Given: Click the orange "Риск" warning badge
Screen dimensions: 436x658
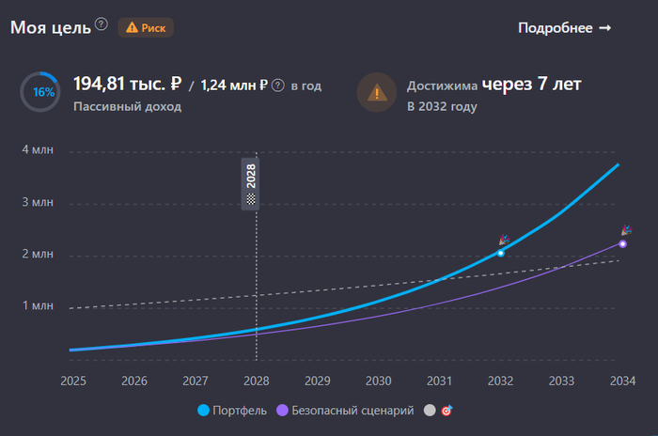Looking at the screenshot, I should [x=146, y=27].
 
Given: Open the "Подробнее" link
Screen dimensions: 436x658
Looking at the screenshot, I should [x=564, y=27].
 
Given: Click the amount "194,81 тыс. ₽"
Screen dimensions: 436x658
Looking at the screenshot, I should [x=127, y=85].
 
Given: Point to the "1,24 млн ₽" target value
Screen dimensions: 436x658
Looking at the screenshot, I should [x=235, y=86].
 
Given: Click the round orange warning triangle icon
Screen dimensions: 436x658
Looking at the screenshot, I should [x=376, y=93].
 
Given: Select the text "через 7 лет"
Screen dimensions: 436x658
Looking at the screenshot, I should [x=532, y=85].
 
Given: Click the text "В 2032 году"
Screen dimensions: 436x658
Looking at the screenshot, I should [x=442, y=107].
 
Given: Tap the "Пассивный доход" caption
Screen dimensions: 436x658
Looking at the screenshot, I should [x=127, y=107].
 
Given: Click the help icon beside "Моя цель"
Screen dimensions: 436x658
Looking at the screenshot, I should [x=102, y=24].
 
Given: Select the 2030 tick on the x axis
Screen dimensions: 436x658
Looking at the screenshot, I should [x=379, y=381].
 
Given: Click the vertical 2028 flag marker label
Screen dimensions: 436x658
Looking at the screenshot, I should [x=251, y=184].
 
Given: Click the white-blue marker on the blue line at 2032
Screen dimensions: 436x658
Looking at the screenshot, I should [x=501, y=253].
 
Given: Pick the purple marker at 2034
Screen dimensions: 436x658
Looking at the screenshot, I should [x=623, y=243].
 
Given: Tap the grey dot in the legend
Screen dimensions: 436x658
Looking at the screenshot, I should [x=431, y=411].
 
